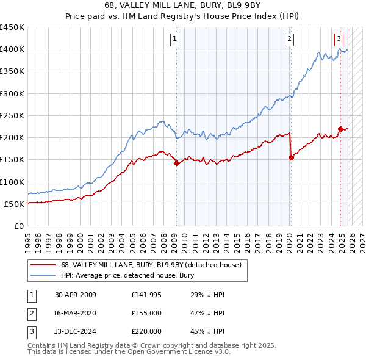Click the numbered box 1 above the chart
pyautogui.click(x=175, y=40)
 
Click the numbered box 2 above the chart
pyautogui.click(x=289, y=40)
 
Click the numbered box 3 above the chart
pyautogui.click(x=339, y=40)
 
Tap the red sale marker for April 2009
pyautogui.click(x=176, y=163)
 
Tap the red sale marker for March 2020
pyautogui.click(x=291, y=157)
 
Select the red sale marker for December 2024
pyautogui.click(x=340, y=128)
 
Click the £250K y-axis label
pyautogui.click(x=12, y=115)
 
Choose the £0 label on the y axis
pyautogui.click(x=18, y=226)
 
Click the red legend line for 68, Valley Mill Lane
pyautogui.click(x=43, y=265)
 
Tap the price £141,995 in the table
pyautogui.click(x=146, y=294)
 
